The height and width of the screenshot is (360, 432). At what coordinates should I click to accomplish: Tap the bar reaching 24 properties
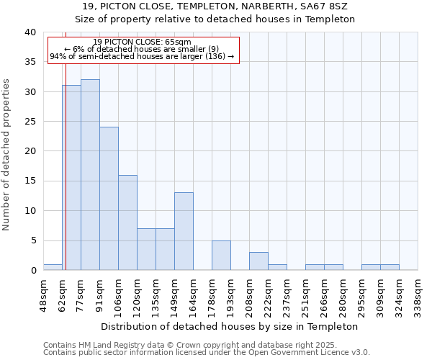109,199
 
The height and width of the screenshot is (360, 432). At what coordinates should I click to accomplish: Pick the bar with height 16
127,222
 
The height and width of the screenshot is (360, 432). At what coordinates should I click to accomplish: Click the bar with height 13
184,231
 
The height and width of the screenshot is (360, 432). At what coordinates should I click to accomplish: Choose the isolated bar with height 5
221,255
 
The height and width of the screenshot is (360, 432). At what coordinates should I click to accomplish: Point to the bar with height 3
258,261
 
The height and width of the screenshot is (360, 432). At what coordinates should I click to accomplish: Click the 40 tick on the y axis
30,32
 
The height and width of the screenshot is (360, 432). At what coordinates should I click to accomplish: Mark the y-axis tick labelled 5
33,240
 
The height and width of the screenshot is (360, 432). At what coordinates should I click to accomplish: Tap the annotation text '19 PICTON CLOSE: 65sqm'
143,42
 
